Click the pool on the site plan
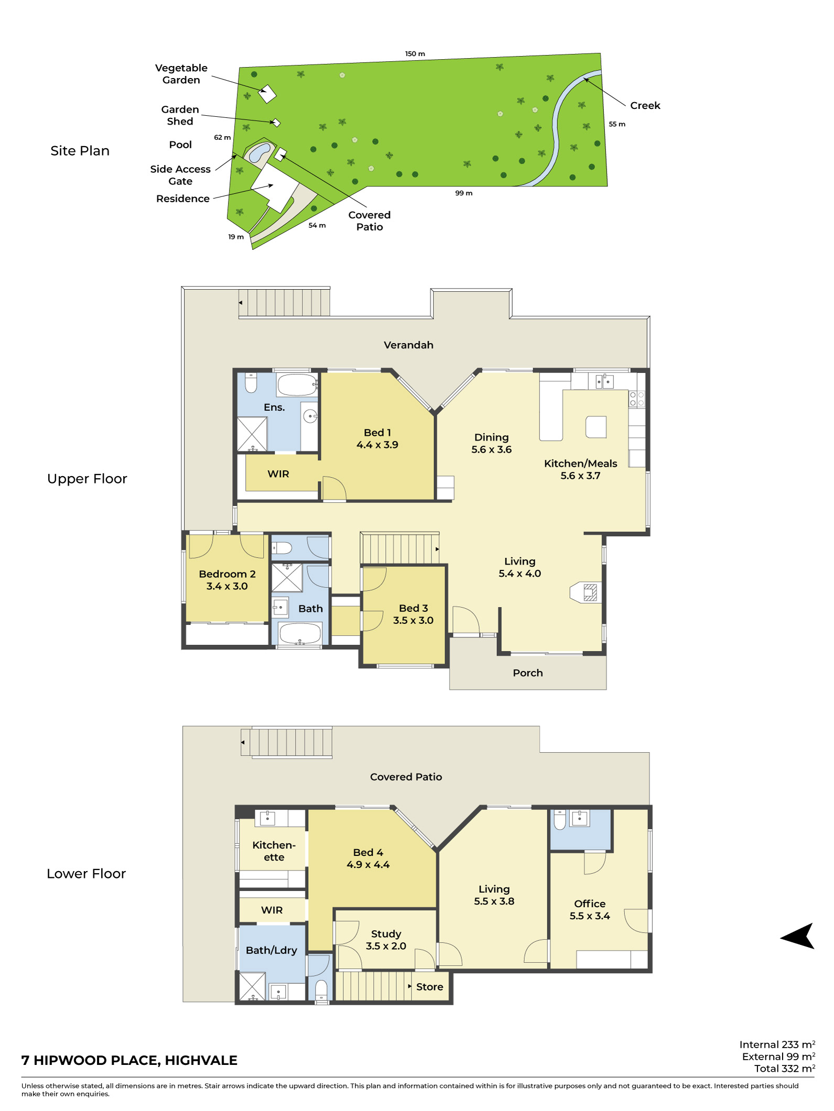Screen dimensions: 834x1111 tap(259, 152)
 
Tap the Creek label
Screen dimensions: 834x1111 tap(645, 105)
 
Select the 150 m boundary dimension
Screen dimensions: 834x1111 tap(415, 54)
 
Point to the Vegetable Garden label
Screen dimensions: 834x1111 tap(181, 74)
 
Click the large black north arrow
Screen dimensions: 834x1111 tap(797, 936)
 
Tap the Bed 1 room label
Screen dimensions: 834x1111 tap(377, 433)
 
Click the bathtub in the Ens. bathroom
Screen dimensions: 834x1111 tap(297, 385)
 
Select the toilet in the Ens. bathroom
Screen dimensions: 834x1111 tap(251, 382)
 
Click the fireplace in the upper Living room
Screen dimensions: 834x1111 tap(586, 592)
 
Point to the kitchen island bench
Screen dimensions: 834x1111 tap(596, 427)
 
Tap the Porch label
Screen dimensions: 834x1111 tap(528, 673)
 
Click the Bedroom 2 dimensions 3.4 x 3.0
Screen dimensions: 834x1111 tap(227, 586)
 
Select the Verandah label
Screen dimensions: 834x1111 tap(408, 345)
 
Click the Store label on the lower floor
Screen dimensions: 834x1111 tap(430, 987)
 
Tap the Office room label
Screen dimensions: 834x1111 tap(590, 904)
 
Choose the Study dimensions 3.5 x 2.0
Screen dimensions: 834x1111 tap(386, 946)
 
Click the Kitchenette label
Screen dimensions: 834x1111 tap(274, 851)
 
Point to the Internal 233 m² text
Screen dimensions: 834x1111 tap(777, 1044)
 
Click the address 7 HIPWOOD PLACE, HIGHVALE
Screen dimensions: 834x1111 tap(129, 1061)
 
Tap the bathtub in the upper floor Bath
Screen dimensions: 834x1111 tap(300, 633)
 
